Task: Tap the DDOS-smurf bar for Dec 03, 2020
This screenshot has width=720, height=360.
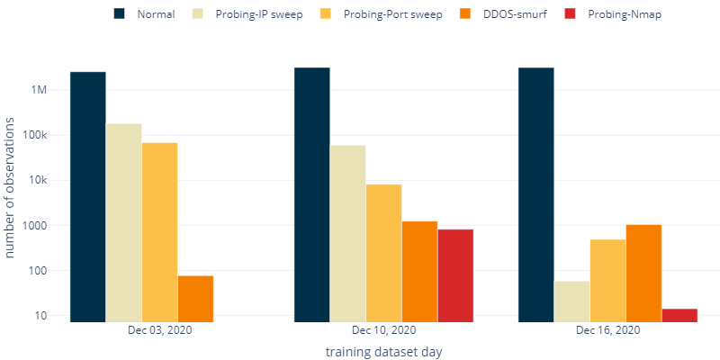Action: point(195,298)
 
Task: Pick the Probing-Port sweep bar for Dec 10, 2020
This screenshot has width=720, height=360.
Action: point(384,252)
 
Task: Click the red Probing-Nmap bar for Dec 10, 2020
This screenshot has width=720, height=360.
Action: point(455,274)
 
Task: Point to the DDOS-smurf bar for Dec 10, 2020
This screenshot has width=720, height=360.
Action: point(419,270)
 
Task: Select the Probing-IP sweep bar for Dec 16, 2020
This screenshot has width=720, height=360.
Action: point(571,300)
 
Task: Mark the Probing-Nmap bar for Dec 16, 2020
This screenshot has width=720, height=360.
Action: point(679,314)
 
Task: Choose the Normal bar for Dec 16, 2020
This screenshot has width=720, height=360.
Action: point(535,193)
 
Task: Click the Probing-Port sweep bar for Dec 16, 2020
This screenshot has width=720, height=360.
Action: point(607,279)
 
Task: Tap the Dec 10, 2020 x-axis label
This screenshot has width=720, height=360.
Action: point(383,330)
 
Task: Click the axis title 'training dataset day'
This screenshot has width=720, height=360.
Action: point(383,351)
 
